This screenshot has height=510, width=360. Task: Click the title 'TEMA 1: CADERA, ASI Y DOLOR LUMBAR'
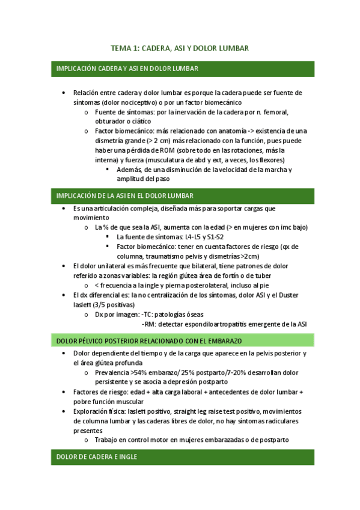click(x=180, y=48)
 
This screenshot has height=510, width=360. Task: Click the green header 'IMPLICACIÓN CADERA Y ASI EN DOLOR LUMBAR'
click(x=127, y=69)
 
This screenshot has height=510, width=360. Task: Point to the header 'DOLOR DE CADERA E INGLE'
click(x=96, y=457)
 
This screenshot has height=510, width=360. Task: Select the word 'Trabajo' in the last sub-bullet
click(x=107, y=440)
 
